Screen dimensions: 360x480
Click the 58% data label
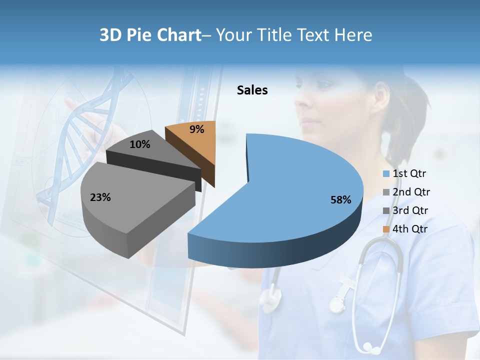[341, 200]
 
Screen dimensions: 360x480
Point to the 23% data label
[100, 197]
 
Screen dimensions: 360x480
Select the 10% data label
[139, 144]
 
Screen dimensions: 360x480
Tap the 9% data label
[197, 129]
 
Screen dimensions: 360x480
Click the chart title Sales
[252, 90]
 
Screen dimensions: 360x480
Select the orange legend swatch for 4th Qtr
[386, 229]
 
